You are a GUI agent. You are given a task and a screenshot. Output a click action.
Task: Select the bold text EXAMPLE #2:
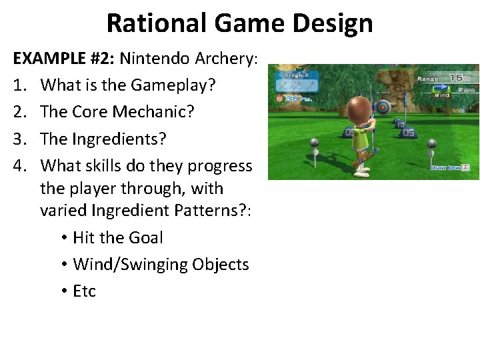tap(64, 59)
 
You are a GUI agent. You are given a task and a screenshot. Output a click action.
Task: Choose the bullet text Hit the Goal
tap(117, 237)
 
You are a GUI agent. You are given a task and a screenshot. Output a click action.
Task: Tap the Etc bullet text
tap(84, 291)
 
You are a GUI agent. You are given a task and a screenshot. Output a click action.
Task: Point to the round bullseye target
tap(383, 107)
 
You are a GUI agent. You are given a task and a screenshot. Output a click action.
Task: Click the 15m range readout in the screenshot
tap(459, 78)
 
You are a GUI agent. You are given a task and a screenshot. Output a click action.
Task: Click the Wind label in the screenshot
tap(441, 95)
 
